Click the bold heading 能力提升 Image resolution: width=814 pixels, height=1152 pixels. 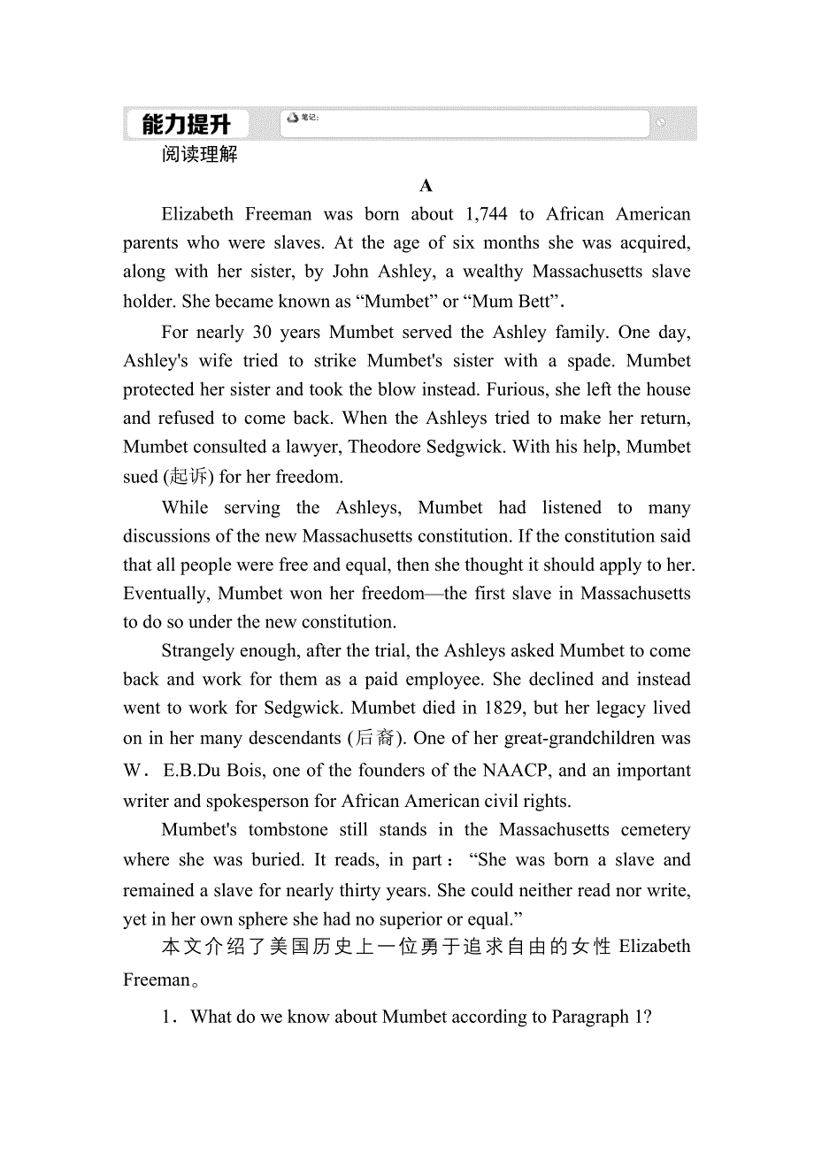pos(186,124)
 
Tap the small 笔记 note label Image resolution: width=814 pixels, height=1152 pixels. pos(309,118)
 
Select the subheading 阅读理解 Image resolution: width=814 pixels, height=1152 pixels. pos(200,155)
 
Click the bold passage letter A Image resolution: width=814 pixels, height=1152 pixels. pos(426,186)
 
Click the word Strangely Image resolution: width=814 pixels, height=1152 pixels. pos(201,651)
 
